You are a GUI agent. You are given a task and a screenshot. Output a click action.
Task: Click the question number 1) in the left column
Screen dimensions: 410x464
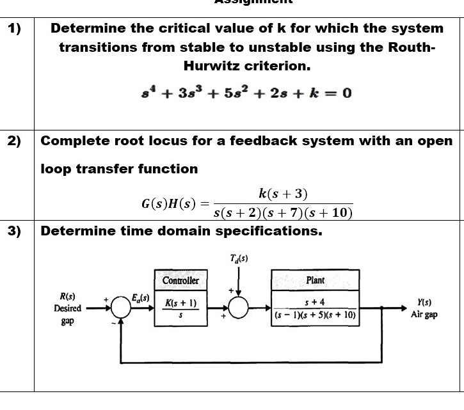pyautogui.click(x=14, y=28)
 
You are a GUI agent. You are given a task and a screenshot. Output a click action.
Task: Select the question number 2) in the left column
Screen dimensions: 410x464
pyautogui.click(x=14, y=141)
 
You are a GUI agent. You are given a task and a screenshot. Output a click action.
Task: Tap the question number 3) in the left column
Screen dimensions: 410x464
pyautogui.click(x=14, y=231)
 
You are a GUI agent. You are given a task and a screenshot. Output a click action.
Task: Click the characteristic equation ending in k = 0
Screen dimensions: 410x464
pyautogui.click(x=246, y=93)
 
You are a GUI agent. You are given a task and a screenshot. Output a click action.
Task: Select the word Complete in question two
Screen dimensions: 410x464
pyautogui.click(x=76, y=141)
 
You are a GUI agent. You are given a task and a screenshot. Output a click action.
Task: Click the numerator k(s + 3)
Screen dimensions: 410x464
pyautogui.click(x=282, y=193)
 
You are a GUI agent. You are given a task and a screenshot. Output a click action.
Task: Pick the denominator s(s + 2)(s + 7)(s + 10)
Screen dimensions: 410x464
pyautogui.click(x=282, y=213)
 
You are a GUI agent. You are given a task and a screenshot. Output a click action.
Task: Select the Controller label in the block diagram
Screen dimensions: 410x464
pyautogui.click(x=180, y=281)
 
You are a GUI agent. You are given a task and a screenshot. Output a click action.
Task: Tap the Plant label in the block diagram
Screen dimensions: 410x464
pyautogui.click(x=316, y=280)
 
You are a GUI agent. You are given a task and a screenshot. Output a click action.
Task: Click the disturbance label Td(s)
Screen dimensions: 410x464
pyautogui.click(x=239, y=259)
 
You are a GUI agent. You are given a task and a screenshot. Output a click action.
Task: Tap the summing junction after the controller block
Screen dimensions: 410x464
pyautogui.click(x=239, y=308)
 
